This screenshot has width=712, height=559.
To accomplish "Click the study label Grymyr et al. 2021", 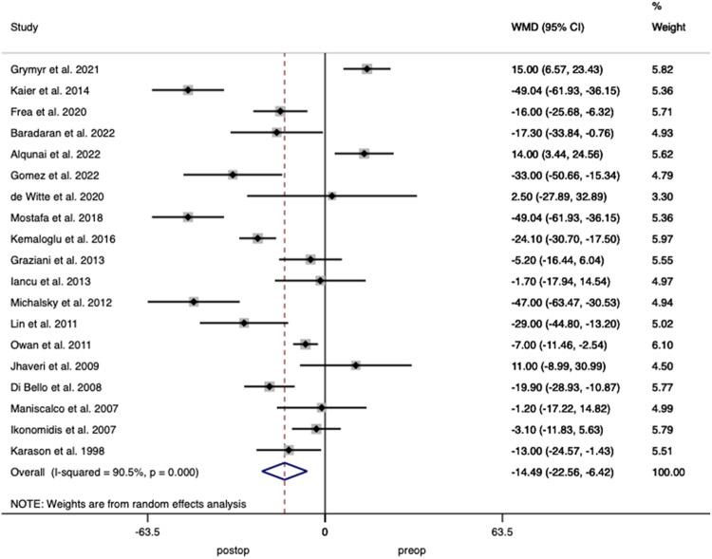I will [x=55, y=69].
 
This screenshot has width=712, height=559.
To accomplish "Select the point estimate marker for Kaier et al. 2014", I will [x=188, y=90].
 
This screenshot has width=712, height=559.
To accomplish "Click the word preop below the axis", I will [x=411, y=550].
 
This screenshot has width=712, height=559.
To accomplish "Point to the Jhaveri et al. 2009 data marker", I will [x=356, y=365].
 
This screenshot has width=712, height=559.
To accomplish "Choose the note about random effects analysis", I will [x=128, y=503].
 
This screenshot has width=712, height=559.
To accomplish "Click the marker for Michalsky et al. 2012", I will [x=194, y=302].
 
